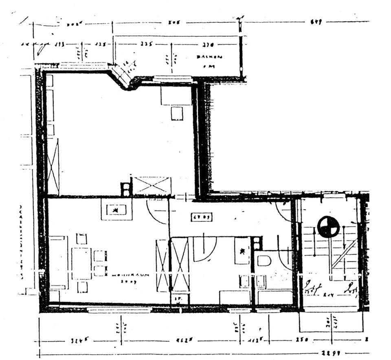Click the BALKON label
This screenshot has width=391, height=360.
point(209,57)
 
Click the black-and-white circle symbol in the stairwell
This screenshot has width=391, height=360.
point(328,227)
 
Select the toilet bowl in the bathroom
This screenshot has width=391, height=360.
point(264,261)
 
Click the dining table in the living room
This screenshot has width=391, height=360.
point(81,263)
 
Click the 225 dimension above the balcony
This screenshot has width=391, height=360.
point(147,44)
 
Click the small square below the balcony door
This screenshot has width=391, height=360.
point(177,113)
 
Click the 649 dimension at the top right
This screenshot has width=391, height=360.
point(316,22)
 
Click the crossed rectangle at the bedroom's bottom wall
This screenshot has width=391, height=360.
point(152,186)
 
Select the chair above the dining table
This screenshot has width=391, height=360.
point(82,239)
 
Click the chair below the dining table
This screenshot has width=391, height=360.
point(82,287)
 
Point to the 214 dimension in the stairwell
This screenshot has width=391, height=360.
point(328,294)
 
